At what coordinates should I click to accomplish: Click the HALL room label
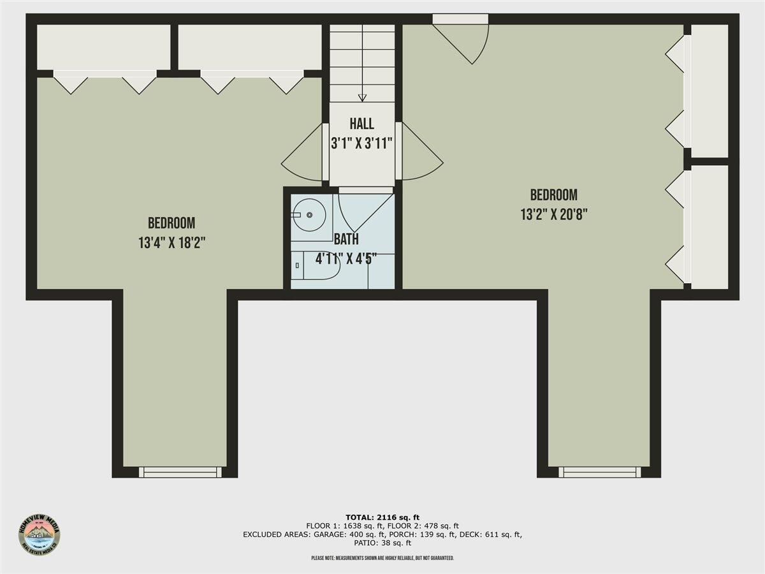pos(361,124)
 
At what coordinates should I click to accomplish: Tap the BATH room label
pos(346,240)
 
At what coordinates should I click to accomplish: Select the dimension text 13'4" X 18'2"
pos(171,243)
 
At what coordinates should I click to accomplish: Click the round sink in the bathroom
pos(310,215)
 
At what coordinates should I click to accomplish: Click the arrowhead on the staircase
pos(362,98)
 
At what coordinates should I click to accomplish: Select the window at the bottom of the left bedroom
pos(180,472)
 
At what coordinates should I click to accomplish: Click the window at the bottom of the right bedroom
pos(600,472)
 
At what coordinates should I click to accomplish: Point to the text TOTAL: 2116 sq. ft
pos(382,517)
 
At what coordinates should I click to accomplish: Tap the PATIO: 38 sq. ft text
pos(382,543)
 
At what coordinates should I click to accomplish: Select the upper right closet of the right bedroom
pos(709,91)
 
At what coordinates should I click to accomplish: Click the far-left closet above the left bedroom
pos(103,47)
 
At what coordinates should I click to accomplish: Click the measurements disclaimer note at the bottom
pos(382,558)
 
